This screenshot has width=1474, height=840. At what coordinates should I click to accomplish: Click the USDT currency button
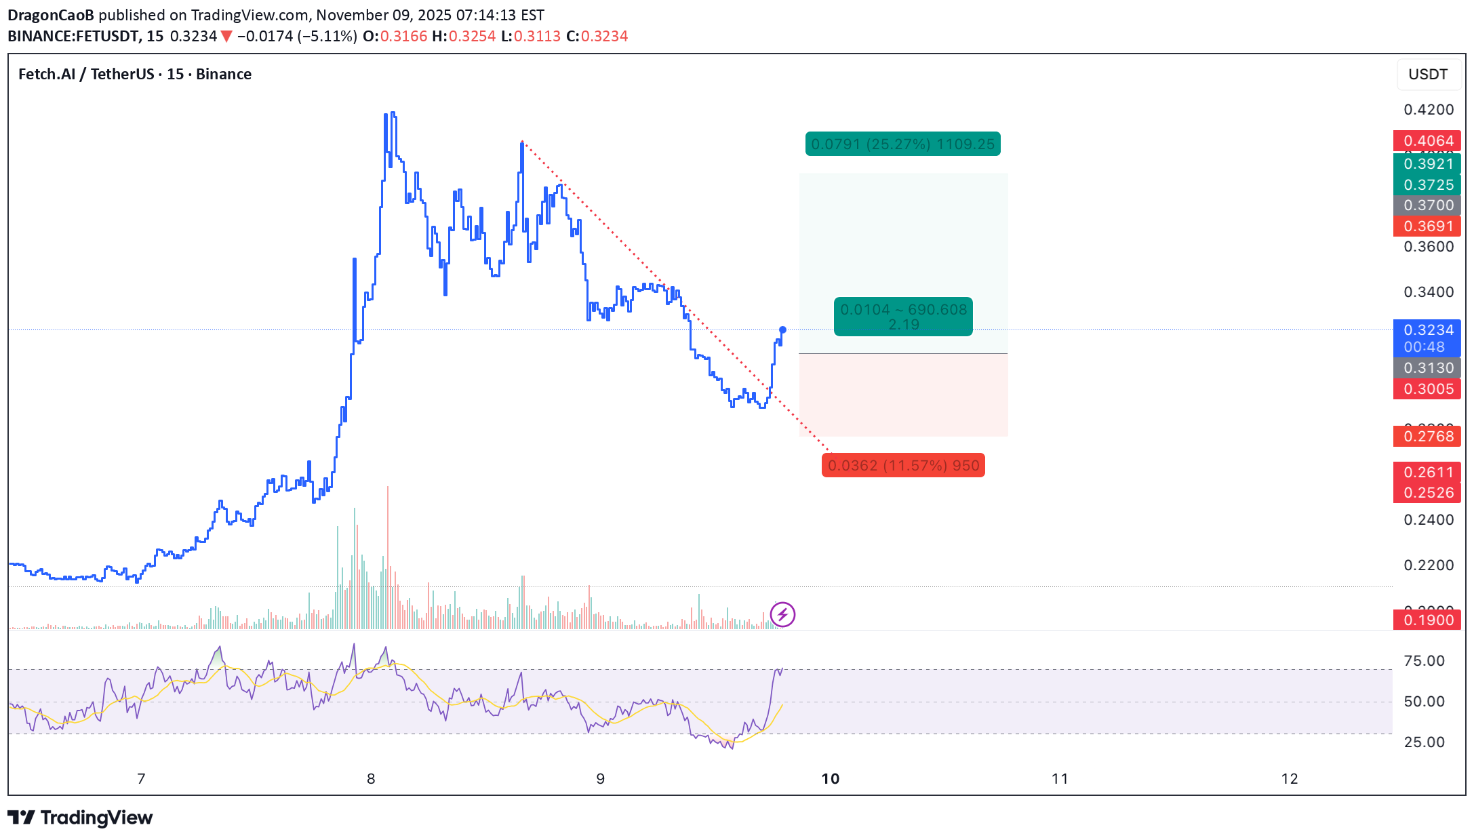1427,75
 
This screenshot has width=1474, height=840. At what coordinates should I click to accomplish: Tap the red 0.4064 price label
1427,141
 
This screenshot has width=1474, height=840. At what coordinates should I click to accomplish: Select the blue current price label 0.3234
1427,331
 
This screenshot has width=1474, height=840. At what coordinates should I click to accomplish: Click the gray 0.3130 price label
1427,368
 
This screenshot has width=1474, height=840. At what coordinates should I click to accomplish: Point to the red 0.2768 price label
1427,437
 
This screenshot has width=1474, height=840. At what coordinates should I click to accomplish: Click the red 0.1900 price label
1427,620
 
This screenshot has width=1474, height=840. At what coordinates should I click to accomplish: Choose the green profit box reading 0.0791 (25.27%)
902,144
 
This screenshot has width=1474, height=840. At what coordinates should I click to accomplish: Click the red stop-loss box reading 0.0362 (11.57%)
903,466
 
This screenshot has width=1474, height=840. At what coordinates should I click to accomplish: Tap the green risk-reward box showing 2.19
903,317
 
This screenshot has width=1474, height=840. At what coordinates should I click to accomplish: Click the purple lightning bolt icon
782,615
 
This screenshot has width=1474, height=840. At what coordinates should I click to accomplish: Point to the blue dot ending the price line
782,330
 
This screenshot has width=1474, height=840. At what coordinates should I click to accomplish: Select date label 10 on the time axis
830,779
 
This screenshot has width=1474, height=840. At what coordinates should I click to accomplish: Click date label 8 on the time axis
371,779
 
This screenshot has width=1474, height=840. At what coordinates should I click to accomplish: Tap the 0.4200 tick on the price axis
1429,110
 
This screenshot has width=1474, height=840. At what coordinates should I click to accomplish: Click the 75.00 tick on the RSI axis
1424,661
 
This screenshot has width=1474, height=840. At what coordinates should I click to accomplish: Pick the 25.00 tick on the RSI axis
1424,742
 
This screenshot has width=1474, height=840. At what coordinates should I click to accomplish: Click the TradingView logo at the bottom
80,818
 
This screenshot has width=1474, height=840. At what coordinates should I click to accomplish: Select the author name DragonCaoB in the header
51,15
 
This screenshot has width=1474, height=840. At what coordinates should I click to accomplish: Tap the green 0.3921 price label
1427,164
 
